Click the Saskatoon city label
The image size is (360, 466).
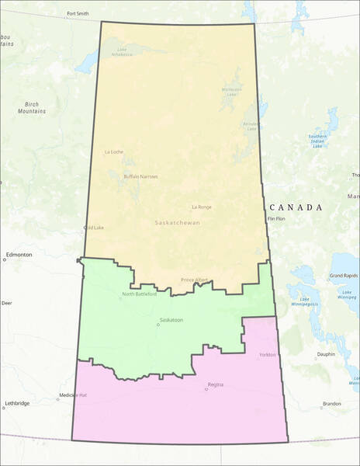(x=171, y=319)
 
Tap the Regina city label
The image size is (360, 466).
(x=216, y=384)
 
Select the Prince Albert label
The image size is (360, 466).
(x=194, y=280)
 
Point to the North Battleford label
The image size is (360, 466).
(x=140, y=294)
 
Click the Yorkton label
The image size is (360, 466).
(x=266, y=355)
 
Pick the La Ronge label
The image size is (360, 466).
(x=202, y=207)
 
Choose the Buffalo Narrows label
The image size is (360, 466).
(x=141, y=176)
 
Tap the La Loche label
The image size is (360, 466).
(x=113, y=151)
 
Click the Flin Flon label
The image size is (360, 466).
(x=276, y=219)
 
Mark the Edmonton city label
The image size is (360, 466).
(x=19, y=255)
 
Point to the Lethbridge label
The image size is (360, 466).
(x=17, y=403)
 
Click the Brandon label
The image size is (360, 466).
(x=332, y=404)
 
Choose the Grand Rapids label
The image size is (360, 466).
(x=343, y=276)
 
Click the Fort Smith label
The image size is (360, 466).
(x=78, y=14)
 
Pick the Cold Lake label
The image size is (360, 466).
(x=94, y=228)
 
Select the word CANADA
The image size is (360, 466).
(x=296, y=207)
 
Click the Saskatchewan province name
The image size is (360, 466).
(x=177, y=223)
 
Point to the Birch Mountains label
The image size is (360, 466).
(x=32, y=107)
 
